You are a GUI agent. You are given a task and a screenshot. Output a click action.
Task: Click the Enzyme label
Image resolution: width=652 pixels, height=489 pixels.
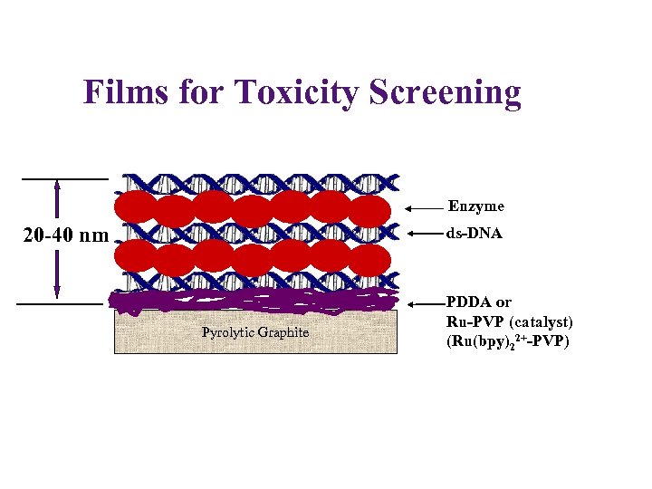475,206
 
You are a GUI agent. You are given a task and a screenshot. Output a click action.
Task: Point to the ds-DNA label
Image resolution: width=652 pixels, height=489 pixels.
475,234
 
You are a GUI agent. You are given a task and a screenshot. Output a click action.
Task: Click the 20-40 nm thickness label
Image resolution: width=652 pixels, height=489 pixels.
65,236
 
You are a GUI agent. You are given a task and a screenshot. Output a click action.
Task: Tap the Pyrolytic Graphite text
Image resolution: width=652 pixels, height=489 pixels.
255,332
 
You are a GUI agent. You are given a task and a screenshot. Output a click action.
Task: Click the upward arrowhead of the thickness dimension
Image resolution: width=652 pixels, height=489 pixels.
57,187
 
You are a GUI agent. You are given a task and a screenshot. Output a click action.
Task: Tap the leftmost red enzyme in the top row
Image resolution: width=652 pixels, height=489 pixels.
136,206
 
